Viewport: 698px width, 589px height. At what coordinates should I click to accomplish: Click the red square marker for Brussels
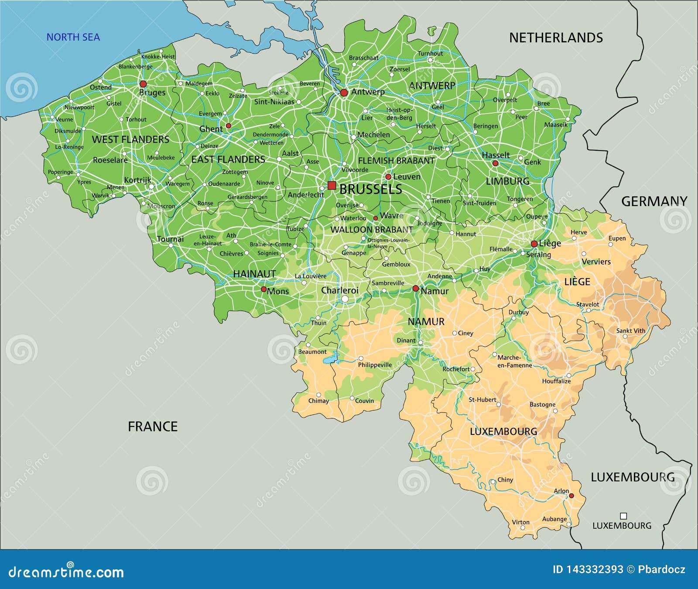[332, 186]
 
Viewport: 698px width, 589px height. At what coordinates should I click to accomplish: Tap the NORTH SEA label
[73, 37]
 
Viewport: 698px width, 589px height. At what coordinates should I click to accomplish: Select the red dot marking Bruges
[143, 84]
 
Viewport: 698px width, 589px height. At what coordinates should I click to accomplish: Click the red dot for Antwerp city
[344, 93]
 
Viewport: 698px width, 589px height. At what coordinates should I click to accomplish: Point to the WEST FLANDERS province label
[130, 140]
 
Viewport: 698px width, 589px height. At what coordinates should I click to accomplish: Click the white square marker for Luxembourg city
[623, 516]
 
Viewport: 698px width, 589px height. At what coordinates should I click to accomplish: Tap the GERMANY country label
[654, 201]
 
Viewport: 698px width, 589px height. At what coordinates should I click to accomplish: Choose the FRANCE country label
[153, 427]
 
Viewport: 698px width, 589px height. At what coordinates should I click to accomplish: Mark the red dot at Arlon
[571, 496]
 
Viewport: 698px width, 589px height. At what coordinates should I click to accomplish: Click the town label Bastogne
[542, 405]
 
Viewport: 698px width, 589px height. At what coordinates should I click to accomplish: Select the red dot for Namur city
[416, 289]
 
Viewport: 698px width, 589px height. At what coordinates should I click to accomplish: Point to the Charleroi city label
[340, 290]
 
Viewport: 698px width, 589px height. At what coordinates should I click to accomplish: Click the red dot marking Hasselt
[495, 163]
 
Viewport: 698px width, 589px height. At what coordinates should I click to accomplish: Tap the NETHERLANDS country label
[556, 38]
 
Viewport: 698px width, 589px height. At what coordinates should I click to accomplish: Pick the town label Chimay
[318, 401]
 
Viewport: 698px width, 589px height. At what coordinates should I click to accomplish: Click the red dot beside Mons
[263, 289]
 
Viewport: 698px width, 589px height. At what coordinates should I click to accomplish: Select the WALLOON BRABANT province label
[372, 230]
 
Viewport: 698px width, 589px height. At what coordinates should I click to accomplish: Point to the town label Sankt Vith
[630, 331]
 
